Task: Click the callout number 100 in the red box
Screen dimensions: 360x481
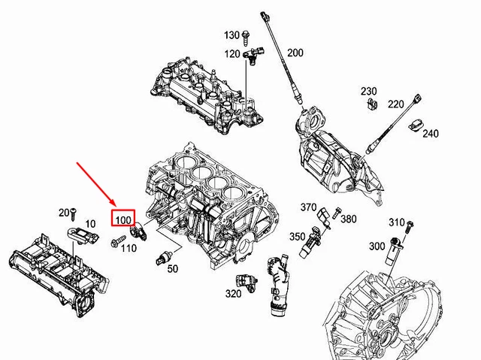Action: click(123, 219)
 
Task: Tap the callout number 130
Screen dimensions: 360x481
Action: click(231, 35)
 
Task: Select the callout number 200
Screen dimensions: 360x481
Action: click(295, 53)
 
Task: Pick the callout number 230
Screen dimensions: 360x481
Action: click(368, 92)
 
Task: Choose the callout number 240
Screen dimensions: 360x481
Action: click(430, 134)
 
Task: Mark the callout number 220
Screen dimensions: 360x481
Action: click(396, 104)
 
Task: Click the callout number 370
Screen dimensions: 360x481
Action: click(309, 207)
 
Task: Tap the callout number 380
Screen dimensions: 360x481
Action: click(348, 219)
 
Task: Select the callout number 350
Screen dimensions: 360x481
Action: click(298, 237)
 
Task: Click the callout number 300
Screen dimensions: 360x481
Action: click(377, 247)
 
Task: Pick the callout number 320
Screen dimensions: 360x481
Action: click(233, 293)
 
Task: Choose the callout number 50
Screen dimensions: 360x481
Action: click(173, 268)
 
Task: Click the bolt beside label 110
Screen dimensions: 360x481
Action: click(116, 242)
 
